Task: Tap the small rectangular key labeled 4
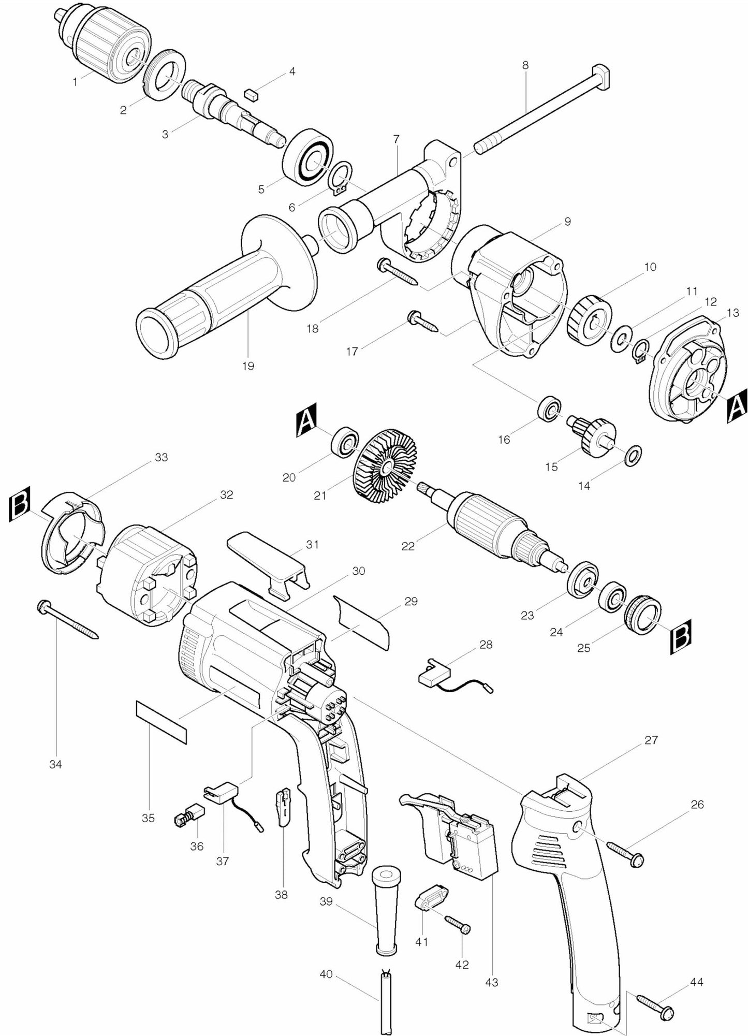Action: tap(252, 94)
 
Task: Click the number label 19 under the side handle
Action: tap(248, 366)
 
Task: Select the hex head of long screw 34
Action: tap(43, 606)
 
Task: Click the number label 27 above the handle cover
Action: tap(651, 740)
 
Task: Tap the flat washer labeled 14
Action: tap(633, 456)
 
